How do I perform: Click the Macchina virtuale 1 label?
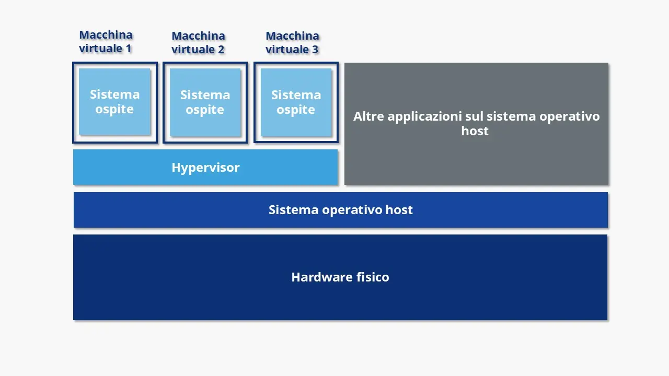[x=106, y=42]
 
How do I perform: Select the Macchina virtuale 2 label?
[x=198, y=43]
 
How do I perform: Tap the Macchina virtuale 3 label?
[x=292, y=43]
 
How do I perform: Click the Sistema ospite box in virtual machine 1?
[x=114, y=102]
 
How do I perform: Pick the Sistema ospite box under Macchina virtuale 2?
[x=205, y=102]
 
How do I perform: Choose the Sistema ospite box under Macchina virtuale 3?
[x=296, y=102]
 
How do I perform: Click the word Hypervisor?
[x=205, y=168]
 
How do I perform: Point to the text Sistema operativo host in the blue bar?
[x=340, y=210]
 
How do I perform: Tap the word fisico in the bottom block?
[x=373, y=277]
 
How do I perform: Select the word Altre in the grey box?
[x=368, y=116]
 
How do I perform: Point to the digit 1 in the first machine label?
[x=128, y=49]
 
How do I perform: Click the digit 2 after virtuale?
[x=221, y=50]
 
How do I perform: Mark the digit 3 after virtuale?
[x=315, y=50]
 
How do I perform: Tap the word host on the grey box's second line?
[x=475, y=131]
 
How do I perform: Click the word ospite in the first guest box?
[x=114, y=110]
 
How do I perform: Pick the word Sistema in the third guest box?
[x=296, y=95]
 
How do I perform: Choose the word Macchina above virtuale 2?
[x=198, y=36]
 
